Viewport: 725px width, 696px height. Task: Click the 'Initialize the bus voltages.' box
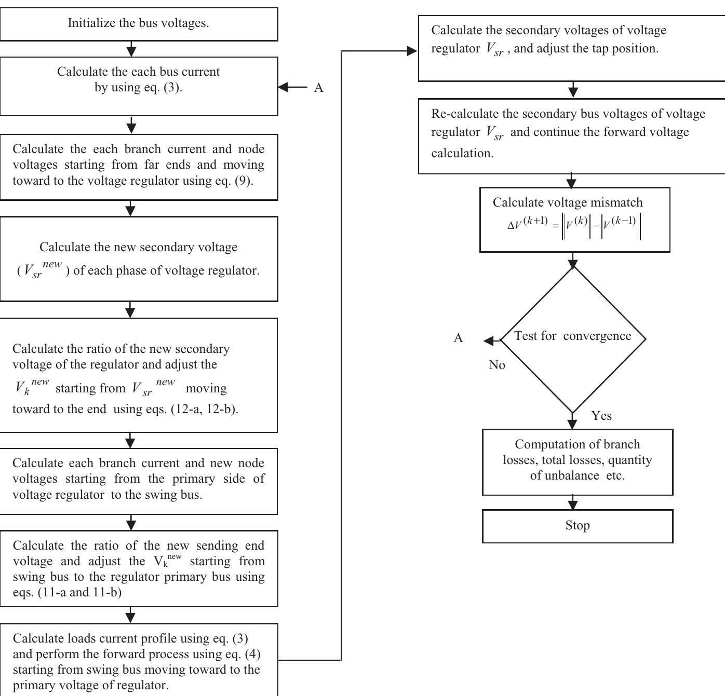[x=138, y=23]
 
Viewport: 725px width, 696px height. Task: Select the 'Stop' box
[x=577, y=526]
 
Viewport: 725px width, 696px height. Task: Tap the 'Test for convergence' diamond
[x=573, y=338]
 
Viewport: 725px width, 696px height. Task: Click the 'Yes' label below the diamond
[x=601, y=416]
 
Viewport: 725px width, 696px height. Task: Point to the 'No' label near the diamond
[x=497, y=365]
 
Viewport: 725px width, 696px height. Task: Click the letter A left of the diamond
[x=458, y=338]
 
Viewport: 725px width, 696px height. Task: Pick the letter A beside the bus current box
[x=319, y=88]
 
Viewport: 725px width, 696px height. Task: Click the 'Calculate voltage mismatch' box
[x=574, y=220]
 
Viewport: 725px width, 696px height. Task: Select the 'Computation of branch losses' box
[x=577, y=461]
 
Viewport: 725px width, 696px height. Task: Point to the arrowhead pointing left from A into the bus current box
[x=284, y=87]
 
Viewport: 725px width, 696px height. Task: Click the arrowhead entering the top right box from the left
[x=412, y=51]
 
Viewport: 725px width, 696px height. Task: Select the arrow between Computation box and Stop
[x=572, y=502]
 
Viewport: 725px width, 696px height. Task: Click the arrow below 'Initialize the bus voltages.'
[x=131, y=49]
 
